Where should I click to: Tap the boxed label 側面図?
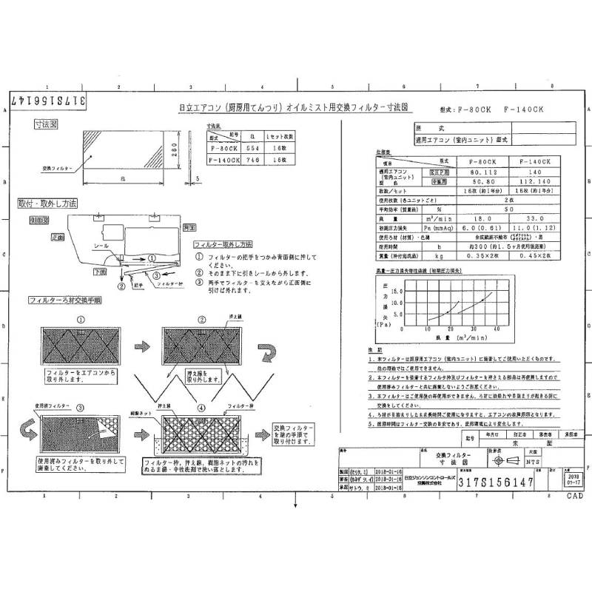point(39,220)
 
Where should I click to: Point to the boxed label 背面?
point(189,226)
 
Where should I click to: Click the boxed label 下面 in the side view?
point(98,272)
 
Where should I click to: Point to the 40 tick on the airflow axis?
point(497,328)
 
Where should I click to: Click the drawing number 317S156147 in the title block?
point(485,482)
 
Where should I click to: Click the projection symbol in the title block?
point(497,461)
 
